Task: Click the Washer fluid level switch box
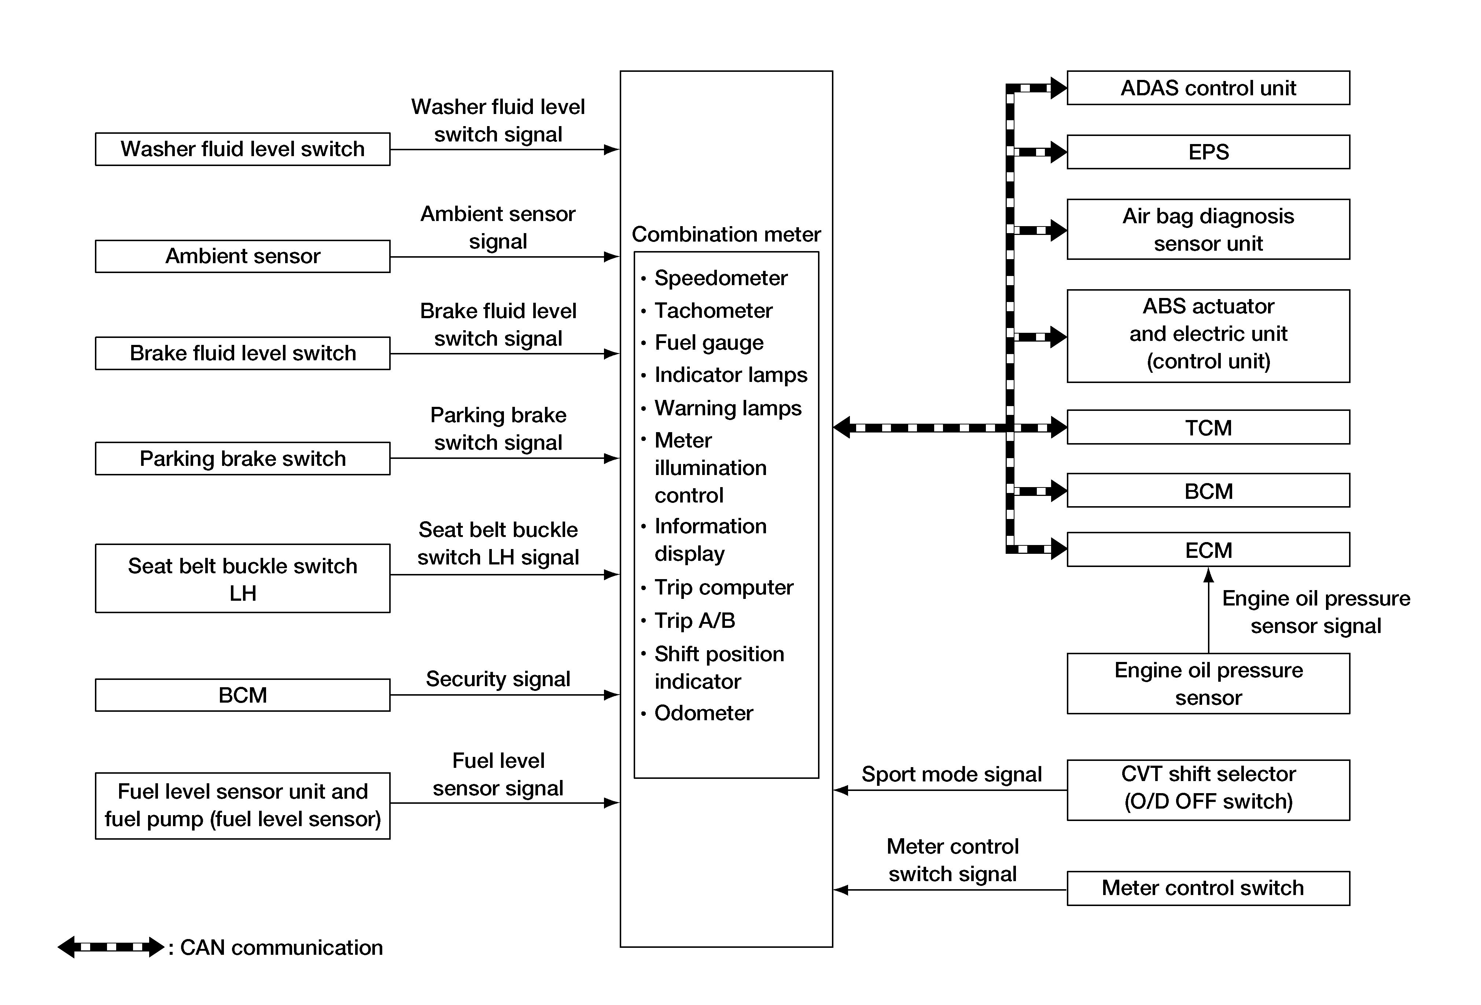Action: coord(242,149)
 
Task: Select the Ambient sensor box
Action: coord(242,256)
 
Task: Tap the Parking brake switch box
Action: coord(242,458)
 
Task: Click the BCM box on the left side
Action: coord(242,695)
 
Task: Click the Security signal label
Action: coord(498,679)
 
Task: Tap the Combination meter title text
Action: coord(726,235)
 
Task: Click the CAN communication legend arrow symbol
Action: coord(111,947)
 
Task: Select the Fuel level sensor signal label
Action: coord(498,774)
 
